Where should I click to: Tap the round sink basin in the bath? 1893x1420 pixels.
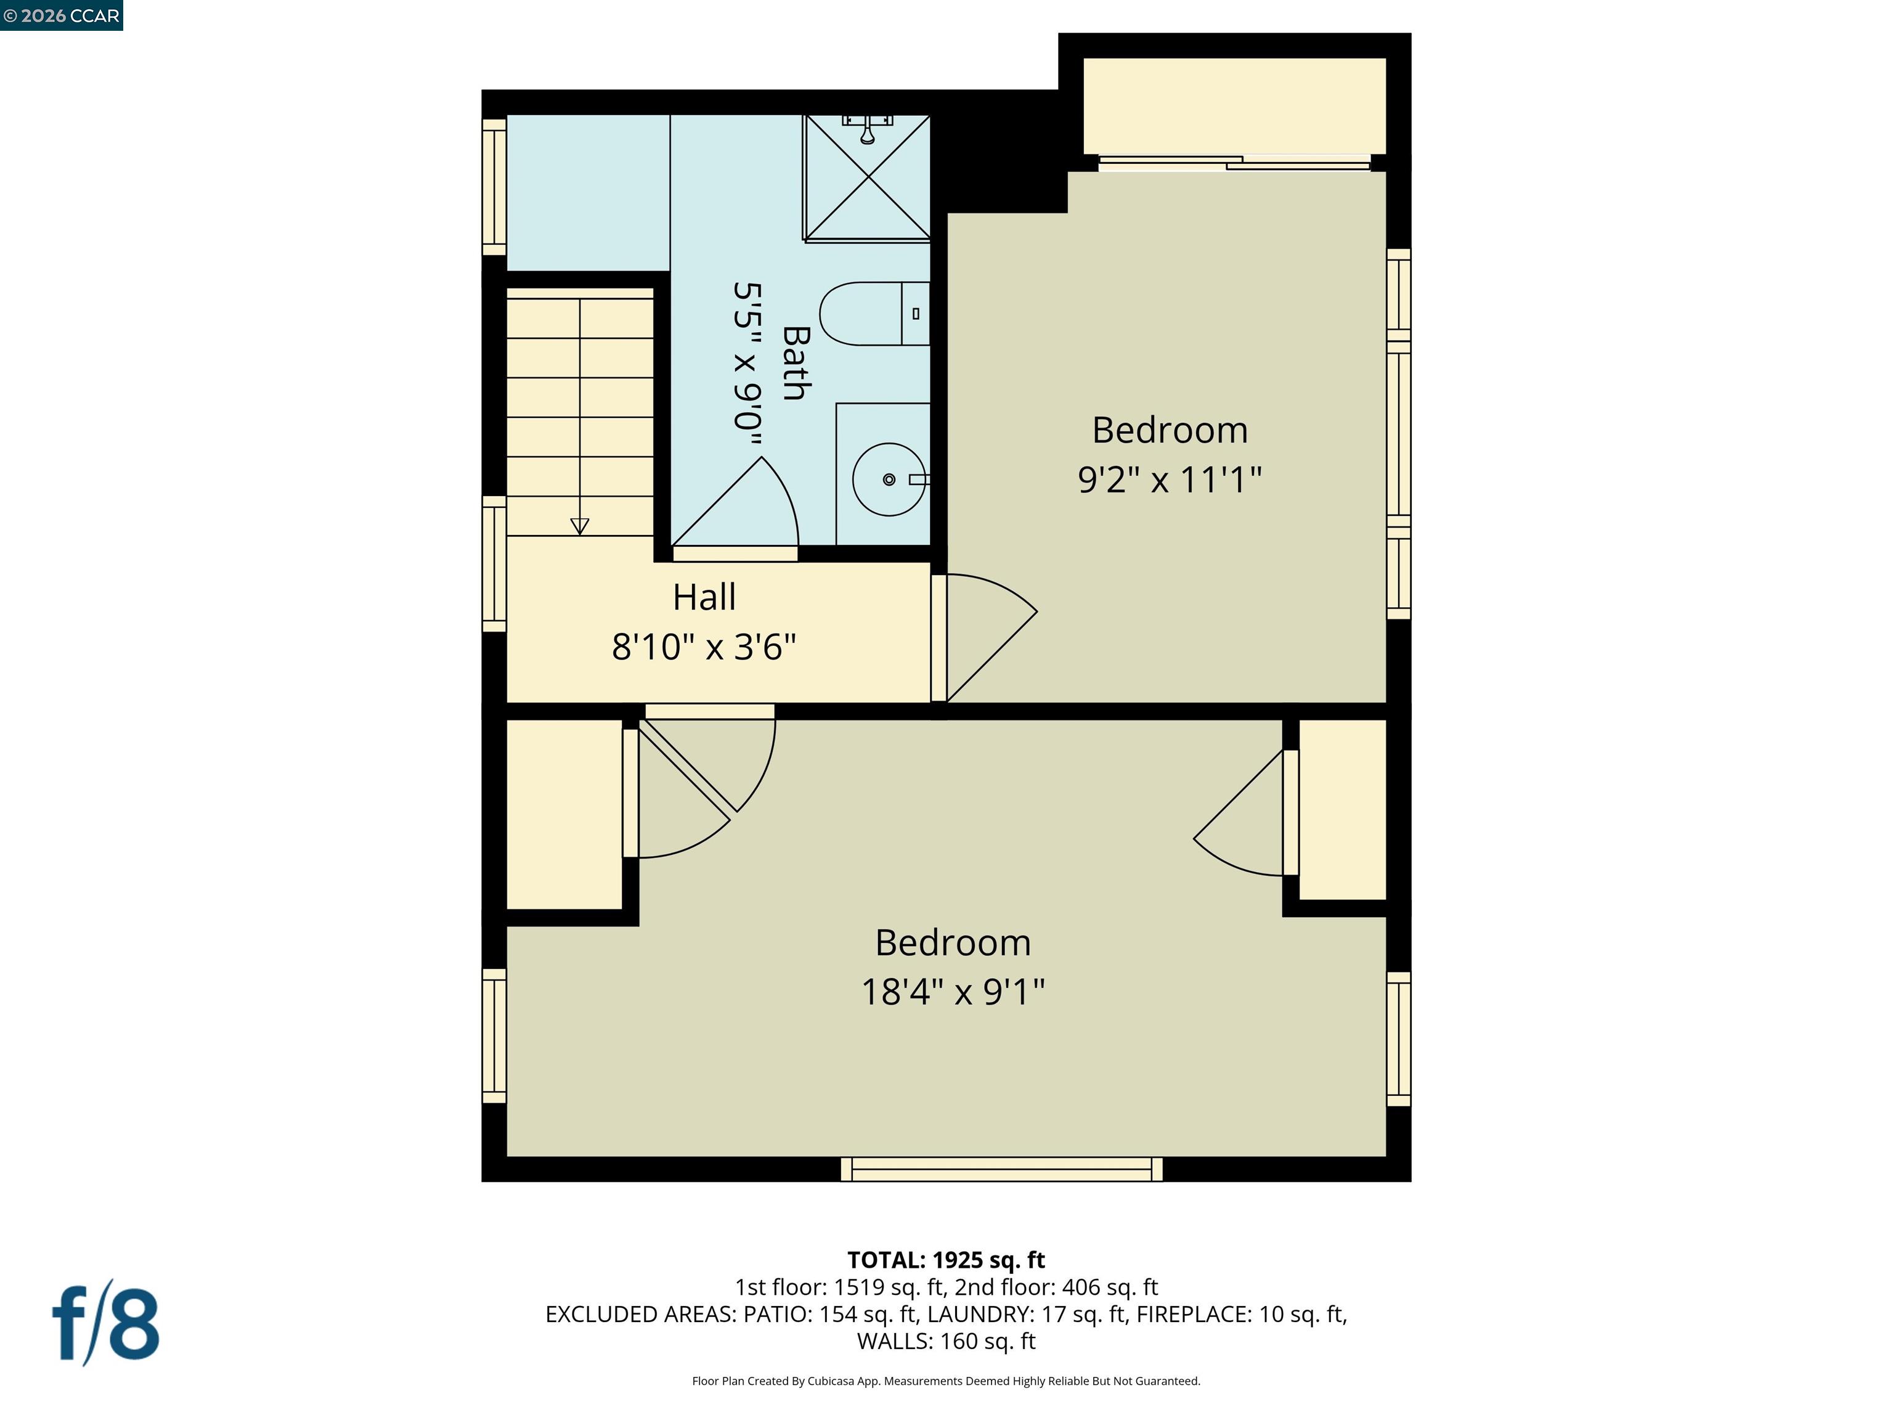coord(889,479)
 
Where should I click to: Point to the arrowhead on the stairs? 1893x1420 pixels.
coord(579,526)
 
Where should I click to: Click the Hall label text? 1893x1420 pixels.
coord(704,597)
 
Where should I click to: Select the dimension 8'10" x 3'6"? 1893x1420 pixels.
coord(704,647)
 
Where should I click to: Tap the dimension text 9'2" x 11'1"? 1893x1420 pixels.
coord(1169,479)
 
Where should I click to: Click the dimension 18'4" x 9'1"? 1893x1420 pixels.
coord(953,992)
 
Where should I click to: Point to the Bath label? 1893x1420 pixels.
coord(796,363)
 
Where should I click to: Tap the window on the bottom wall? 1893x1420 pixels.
coord(1001,1169)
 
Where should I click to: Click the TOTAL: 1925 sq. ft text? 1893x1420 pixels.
coord(946,1260)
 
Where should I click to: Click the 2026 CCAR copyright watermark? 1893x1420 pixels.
coord(61,15)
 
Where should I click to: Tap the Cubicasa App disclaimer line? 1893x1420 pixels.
coord(946,1381)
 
